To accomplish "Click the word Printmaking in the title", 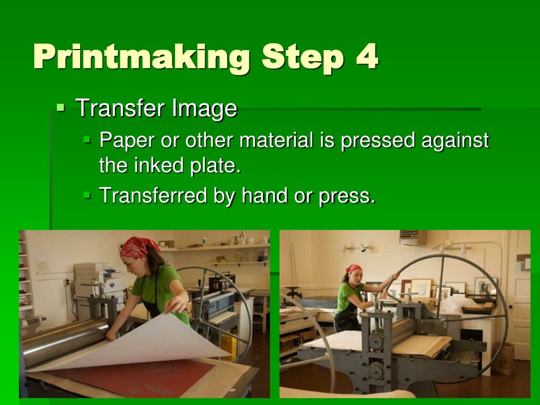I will [141, 56].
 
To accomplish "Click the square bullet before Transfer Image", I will [61, 108].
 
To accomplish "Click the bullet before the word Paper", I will [87, 140].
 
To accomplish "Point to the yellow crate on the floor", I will [228, 346].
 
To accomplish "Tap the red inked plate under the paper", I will [132, 377].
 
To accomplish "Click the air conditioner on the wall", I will [413, 238].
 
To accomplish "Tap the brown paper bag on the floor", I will [503, 359].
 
